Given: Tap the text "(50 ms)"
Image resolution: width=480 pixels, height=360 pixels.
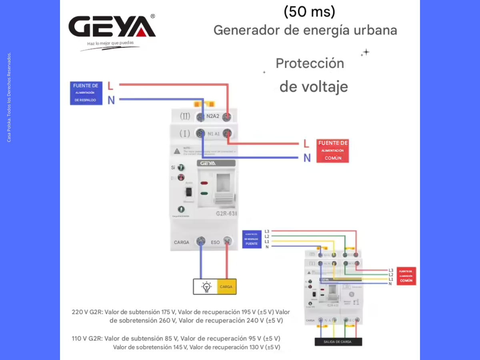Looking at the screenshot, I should [309, 12].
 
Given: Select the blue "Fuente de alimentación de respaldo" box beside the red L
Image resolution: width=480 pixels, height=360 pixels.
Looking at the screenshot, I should [86, 93].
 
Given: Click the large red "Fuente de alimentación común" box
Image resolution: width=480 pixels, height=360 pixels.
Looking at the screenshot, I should [333, 151].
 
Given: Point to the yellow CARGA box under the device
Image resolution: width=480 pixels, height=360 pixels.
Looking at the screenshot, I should [226, 286].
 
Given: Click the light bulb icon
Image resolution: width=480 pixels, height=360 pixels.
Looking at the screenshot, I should [206, 286].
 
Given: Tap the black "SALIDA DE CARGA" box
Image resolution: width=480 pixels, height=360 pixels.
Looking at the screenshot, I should [338, 342].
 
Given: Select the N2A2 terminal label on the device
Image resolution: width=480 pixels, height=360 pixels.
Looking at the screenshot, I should [213, 117].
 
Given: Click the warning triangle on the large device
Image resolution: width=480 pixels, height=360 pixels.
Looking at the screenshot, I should [177, 151].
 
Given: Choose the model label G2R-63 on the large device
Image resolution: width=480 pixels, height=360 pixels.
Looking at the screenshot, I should [226, 214].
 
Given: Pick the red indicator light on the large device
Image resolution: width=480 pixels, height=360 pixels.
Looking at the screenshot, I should [204, 183].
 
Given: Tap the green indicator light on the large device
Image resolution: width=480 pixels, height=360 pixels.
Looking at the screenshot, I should [204, 193].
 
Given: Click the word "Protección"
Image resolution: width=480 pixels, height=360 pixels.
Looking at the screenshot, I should [310, 63].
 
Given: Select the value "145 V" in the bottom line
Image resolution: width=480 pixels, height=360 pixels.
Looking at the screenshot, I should [180, 347].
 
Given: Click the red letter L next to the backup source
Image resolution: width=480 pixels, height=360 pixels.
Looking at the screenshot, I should [110, 86].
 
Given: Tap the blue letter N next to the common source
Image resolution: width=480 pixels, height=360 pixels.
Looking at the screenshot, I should [307, 158].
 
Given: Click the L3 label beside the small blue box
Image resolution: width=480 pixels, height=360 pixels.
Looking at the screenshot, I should [267, 232].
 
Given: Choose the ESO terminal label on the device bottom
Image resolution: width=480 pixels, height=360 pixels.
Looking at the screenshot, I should [215, 242].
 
